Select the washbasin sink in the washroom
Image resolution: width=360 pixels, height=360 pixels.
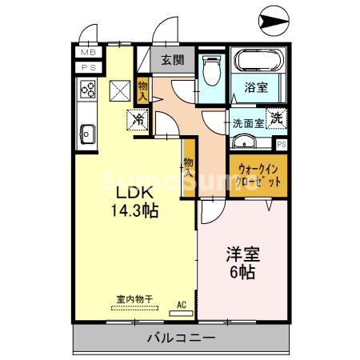[x=247, y=144]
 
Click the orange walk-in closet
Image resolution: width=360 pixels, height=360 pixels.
[x=257, y=175]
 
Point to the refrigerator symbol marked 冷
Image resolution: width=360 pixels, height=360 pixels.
[x=138, y=120]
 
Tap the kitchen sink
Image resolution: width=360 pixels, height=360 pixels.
[x=86, y=134]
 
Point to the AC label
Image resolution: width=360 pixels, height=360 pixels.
[x=182, y=304]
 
